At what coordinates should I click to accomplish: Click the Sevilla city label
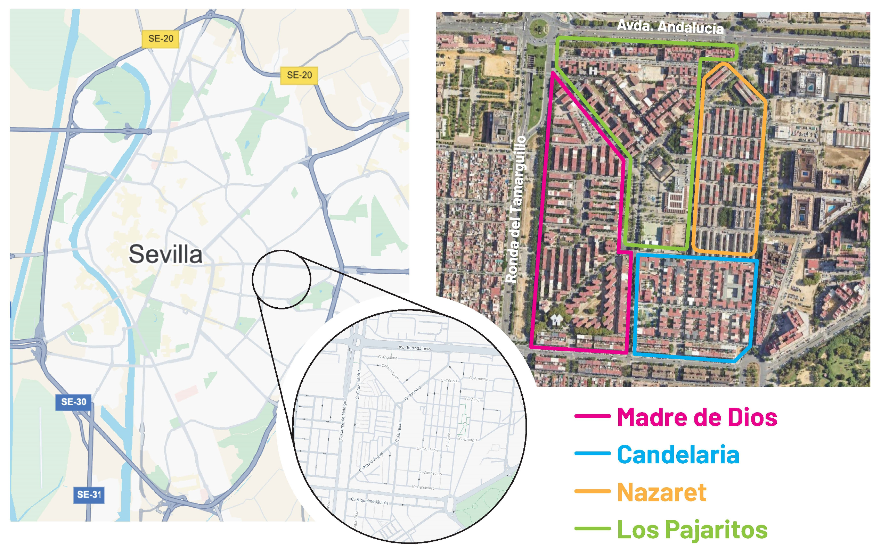click(165, 255)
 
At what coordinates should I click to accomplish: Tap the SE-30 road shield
click(74, 402)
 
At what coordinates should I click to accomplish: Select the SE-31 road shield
click(89, 495)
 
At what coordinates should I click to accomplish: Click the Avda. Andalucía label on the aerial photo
click(670, 27)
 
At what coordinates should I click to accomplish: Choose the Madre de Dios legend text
click(697, 417)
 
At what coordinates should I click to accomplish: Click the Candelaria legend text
click(678, 455)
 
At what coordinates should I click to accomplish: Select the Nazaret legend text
click(661, 492)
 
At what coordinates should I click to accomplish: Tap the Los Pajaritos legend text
click(692, 530)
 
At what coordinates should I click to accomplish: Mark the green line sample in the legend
click(592, 529)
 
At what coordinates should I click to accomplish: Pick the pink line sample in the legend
click(592, 416)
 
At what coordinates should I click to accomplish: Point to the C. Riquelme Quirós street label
click(369, 501)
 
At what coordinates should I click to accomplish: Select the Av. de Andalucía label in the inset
click(414, 348)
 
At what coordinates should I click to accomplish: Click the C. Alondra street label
click(413, 393)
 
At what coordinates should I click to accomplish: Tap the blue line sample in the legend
click(592, 454)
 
